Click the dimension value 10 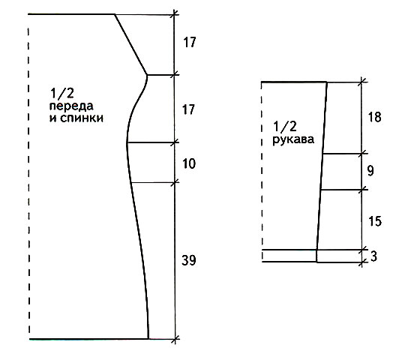[189, 163]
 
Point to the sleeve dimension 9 [371, 171]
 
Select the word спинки [82, 118]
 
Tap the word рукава [293, 139]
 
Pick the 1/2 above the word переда [63, 93]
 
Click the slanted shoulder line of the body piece [130, 44]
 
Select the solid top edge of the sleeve [294, 82]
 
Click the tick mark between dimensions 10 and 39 [175, 182]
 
